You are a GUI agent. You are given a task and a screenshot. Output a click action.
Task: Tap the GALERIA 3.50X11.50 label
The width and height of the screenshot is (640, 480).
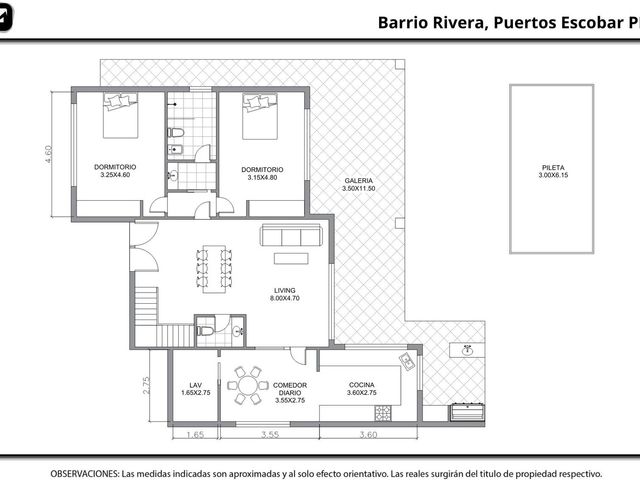[358, 184]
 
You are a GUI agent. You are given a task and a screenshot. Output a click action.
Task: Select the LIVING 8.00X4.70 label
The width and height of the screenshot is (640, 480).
[284, 294]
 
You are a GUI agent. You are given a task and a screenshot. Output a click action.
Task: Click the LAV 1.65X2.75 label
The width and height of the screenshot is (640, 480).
[196, 389]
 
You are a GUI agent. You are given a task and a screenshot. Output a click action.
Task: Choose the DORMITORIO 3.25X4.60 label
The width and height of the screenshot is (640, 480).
[115, 171]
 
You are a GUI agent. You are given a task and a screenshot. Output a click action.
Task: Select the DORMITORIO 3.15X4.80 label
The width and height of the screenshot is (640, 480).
[262, 173]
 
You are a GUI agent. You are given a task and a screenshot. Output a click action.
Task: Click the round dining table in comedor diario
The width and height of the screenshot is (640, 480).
[248, 385]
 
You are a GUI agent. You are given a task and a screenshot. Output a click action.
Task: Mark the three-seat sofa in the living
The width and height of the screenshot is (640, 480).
[291, 235]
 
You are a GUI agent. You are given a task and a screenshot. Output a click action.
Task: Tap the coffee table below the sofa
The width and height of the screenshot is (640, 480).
[291, 259]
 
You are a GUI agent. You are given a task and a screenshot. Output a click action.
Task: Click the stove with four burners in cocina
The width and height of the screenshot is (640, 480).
[383, 413]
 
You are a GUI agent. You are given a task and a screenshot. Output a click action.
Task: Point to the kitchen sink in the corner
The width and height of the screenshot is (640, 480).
[407, 361]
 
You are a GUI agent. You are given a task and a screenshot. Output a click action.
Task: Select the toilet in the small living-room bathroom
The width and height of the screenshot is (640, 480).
[204, 331]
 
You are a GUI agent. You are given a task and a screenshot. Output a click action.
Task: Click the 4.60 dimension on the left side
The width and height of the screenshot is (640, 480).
[49, 154]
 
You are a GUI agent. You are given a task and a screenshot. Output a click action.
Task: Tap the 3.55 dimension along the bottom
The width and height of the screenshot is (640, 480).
[270, 435]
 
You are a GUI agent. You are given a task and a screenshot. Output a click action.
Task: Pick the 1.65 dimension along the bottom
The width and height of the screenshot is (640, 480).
[195, 435]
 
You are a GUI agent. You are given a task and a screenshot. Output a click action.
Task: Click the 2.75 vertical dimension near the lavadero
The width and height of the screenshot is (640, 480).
[146, 385]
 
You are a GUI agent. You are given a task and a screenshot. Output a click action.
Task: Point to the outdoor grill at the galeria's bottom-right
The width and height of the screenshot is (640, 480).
[468, 411]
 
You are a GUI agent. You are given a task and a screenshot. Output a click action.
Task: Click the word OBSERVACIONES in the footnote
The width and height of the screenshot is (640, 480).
[85, 474]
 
